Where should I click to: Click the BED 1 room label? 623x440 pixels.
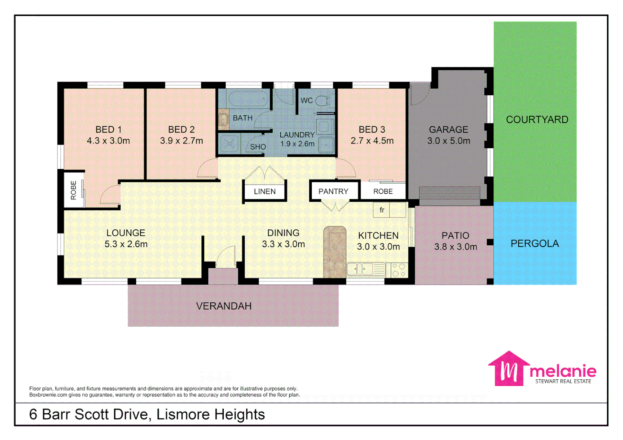click(x=108, y=130)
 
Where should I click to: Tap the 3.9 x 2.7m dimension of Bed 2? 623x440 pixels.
click(x=181, y=141)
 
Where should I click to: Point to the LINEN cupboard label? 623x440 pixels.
click(x=264, y=191)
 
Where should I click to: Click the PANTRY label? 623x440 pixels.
click(x=333, y=191)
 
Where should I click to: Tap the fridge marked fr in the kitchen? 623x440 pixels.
click(x=382, y=210)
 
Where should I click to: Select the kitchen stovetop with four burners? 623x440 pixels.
click(x=398, y=270)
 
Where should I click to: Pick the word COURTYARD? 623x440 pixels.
click(x=537, y=120)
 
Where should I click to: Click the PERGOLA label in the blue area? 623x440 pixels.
click(x=535, y=244)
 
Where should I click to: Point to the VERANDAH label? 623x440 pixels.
click(x=224, y=306)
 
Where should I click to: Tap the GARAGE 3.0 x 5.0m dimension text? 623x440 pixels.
click(x=449, y=141)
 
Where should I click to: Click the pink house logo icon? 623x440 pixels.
click(x=509, y=368)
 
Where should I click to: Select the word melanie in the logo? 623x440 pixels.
click(x=563, y=371)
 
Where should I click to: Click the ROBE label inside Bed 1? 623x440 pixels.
click(x=73, y=190)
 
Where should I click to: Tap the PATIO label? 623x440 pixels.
click(x=455, y=235)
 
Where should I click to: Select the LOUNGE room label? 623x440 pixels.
click(x=125, y=233)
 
